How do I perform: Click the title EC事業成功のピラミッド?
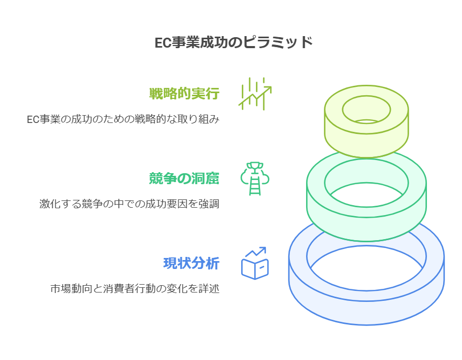pos(233,42)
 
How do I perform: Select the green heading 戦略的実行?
pos(184,94)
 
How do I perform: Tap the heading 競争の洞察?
pos(184,178)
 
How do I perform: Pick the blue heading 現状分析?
pos(191,263)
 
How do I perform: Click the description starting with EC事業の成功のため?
pos(123,119)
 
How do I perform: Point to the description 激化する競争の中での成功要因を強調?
pos(129,204)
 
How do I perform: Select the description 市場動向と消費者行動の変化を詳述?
pos(134,289)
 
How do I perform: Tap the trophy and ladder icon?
pos(255,178)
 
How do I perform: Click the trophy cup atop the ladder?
pos(255,167)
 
